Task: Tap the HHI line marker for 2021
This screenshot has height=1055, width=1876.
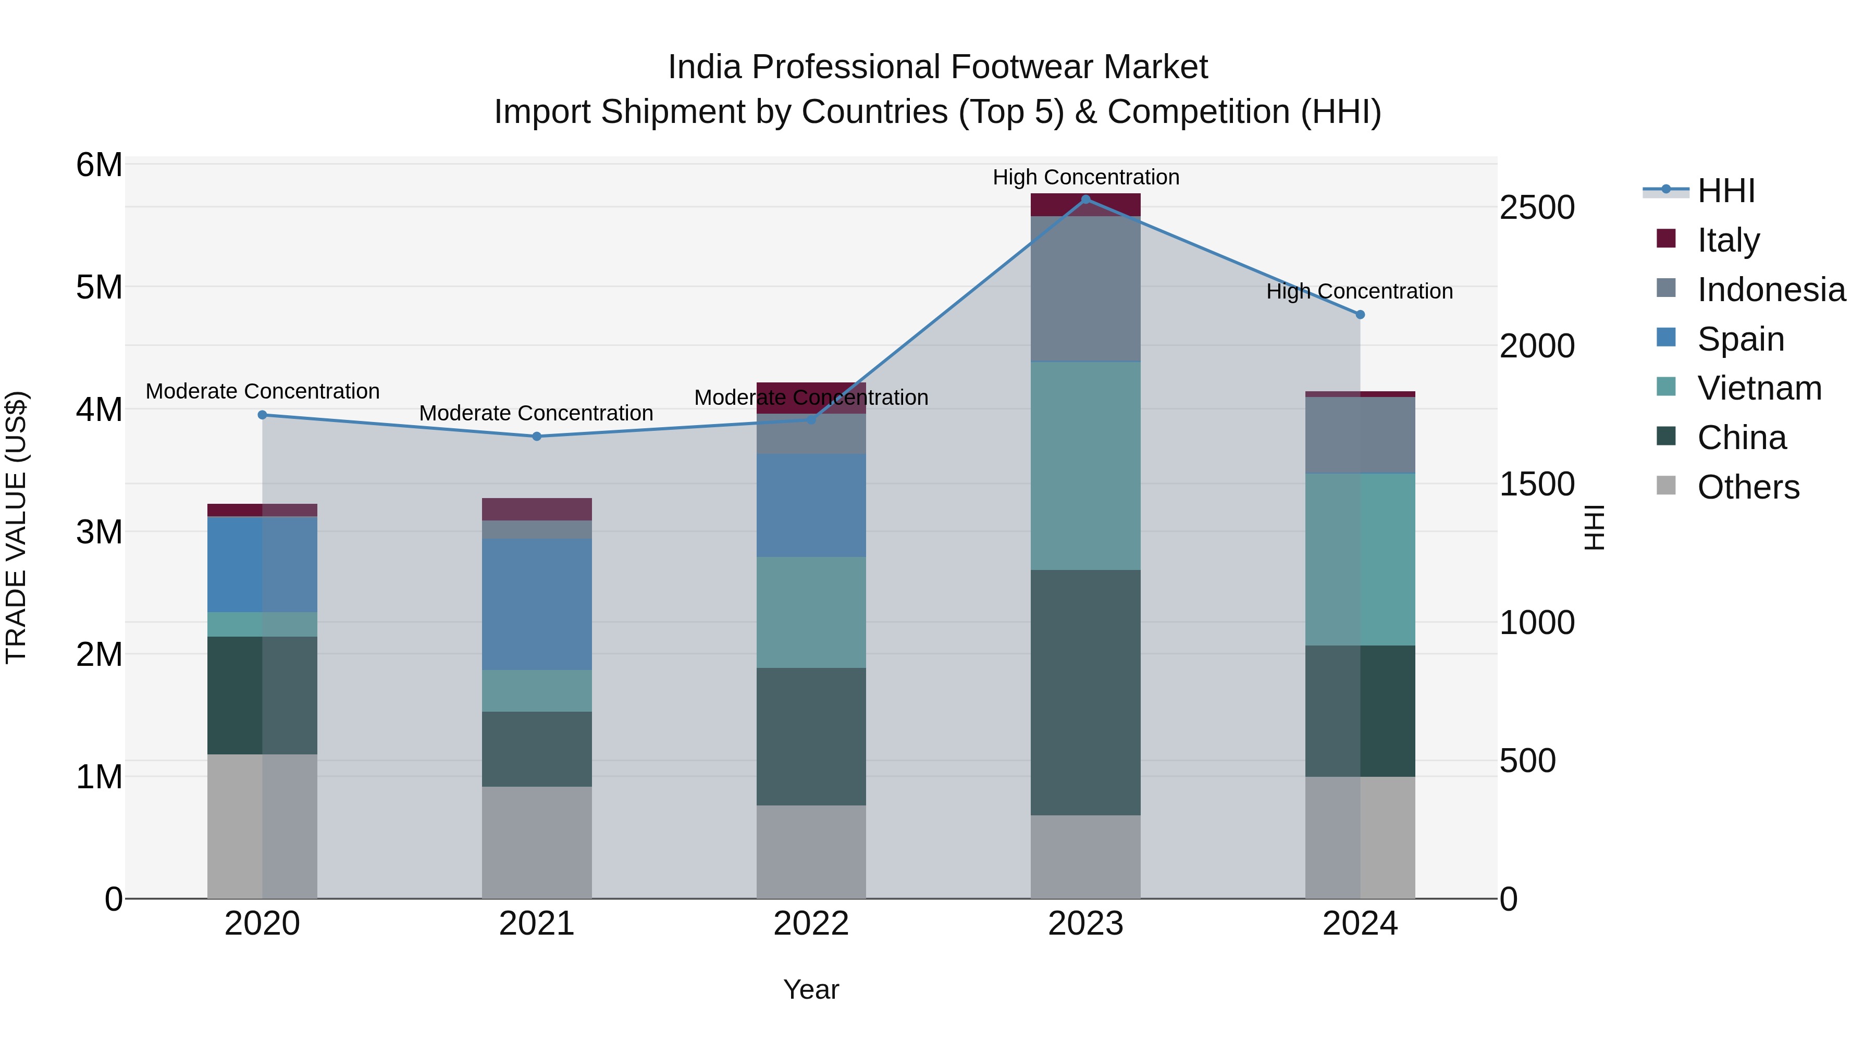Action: [x=537, y=436]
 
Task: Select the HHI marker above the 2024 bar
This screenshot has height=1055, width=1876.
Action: [x=1360, y=315]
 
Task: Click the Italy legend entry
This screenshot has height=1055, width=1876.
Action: [x=1727, y=240]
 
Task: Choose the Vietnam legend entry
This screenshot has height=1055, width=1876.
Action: [x=1759, y=388]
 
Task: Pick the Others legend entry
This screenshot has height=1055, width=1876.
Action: [x=1748, y=487]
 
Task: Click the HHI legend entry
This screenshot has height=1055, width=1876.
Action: [x=1725, y=191]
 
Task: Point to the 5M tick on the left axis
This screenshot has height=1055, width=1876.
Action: [x=99, y=288]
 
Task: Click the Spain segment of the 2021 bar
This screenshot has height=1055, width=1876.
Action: [x=537, y=604]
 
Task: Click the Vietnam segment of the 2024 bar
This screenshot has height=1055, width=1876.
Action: [x=1360, y=559]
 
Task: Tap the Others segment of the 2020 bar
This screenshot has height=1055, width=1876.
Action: [x=262, y=826]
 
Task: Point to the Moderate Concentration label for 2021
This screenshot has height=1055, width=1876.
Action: [x=536, y=413]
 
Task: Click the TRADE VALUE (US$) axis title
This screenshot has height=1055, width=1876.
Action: [x=16, y=527]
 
